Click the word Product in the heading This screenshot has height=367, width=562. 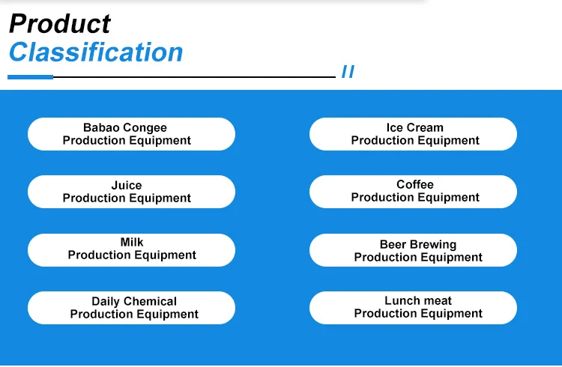coord(59,23)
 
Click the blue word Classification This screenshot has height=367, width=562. coord(95,52)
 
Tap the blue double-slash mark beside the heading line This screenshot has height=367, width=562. coord(348,72)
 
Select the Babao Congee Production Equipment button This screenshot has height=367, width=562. coord(131,134)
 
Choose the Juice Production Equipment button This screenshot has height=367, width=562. coord(131,192)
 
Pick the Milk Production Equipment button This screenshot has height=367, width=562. coord(131,249)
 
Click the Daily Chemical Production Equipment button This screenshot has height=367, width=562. coord(131,308)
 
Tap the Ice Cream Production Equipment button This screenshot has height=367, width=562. coord(413,134)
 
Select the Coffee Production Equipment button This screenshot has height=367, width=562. coord(413,192)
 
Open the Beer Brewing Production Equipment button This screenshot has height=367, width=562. coord(413,250)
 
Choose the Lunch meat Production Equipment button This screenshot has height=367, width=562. coord(413,308)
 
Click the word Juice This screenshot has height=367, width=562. coord(127,185)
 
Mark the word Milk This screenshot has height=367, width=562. coord(132,243)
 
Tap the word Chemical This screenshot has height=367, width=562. coord(151,301)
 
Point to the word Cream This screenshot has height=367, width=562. coord(426,127)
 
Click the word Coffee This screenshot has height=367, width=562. coord(415,184)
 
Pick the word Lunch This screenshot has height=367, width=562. coord(402,300)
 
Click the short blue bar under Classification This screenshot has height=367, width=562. coord(30,76)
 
